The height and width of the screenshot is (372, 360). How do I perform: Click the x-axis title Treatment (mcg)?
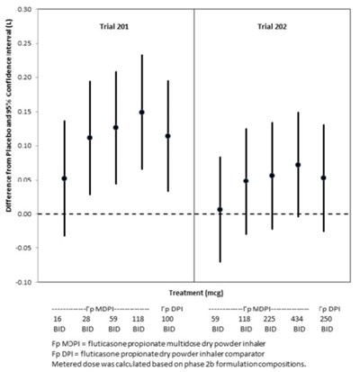tap(193, 294)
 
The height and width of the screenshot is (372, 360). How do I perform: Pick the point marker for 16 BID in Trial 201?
tap(64, 178)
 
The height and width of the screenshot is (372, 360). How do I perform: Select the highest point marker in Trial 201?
tap(141, 113)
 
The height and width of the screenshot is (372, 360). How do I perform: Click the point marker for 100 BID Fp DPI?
tap(167, 136)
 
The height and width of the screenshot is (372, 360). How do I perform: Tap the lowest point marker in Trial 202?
tap(220, 210)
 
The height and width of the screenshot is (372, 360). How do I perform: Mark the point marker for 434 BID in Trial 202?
tap(298, 165)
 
